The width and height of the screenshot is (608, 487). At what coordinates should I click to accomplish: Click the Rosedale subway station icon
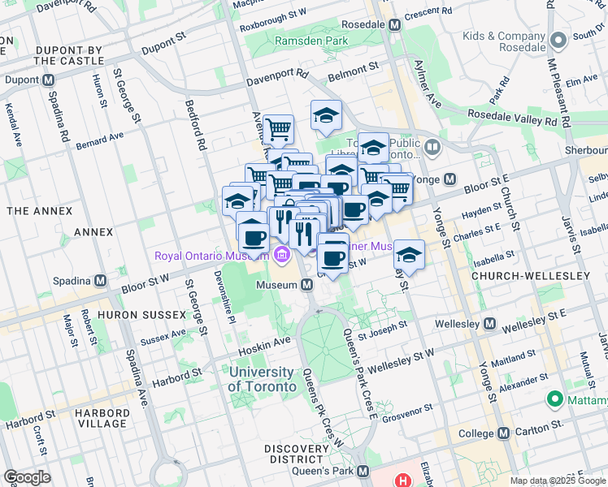[395, 24]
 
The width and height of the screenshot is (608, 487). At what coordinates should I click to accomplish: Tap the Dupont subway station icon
[48, 80]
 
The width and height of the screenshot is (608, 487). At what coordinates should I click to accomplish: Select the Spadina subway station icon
[100, 280]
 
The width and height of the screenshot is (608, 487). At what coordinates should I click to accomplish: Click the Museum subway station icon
[307, 285]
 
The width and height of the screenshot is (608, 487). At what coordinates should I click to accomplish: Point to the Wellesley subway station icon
[489, 324]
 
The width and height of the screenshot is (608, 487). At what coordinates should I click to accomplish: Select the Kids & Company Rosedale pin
[558, 40]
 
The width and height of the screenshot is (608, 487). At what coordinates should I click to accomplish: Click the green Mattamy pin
[555, 399]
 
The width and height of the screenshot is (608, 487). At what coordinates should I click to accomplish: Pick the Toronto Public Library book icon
[432, 148]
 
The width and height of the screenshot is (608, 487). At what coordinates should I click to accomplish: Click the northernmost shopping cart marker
[278, 127]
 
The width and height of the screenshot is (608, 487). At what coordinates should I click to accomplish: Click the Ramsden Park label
[311, 41]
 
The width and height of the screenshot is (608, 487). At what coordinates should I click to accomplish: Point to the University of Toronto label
[262, 379]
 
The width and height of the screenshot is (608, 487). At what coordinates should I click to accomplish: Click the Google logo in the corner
[27, 477]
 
